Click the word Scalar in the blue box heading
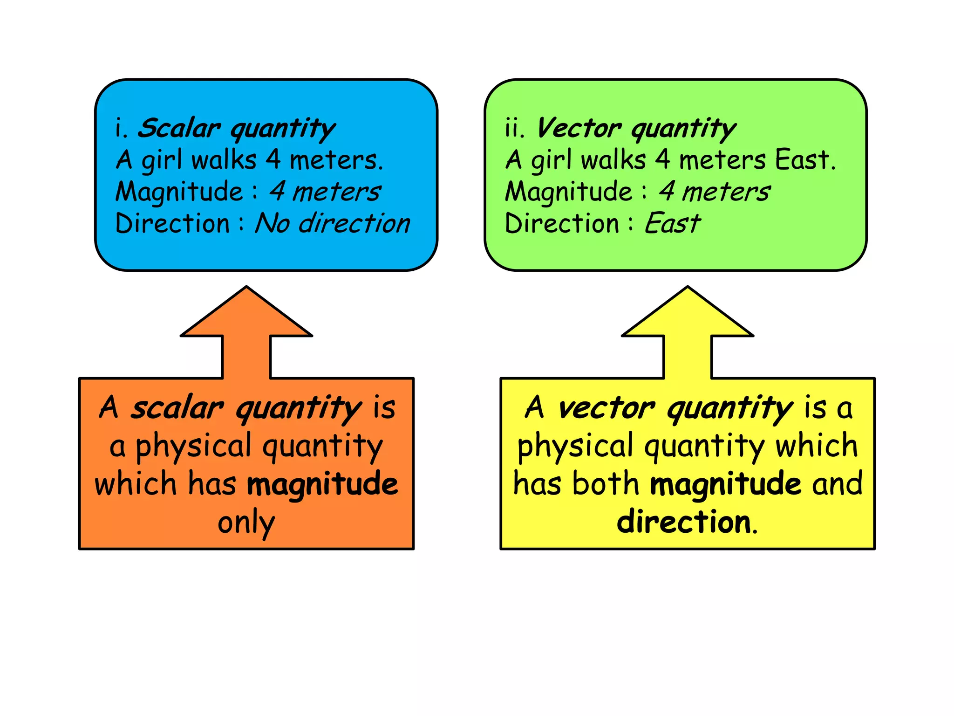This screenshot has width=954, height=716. (178, 128)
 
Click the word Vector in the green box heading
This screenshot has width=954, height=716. (579, 128)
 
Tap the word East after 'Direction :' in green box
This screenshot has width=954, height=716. (672, 223)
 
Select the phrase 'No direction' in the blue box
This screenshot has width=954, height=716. (333, 223)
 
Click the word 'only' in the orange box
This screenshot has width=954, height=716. (246, 523)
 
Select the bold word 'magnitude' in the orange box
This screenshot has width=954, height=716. (322, 484)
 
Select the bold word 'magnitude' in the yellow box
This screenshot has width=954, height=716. (725, 484)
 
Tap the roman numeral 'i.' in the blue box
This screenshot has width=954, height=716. (121, 128)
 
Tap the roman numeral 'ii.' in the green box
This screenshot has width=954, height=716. (514, 128)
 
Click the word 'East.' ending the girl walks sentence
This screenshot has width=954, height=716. (805, 160)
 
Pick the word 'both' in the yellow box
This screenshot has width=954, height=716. (606, 484)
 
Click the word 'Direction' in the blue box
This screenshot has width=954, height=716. (172, 223)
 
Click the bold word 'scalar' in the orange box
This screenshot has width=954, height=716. (177, 408)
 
